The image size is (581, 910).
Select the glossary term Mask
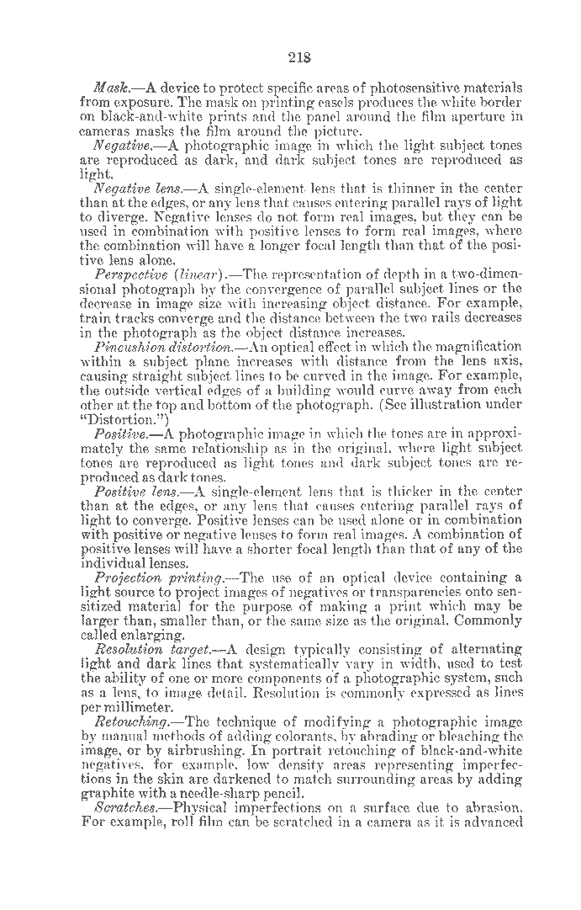(x=111, y=88)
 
